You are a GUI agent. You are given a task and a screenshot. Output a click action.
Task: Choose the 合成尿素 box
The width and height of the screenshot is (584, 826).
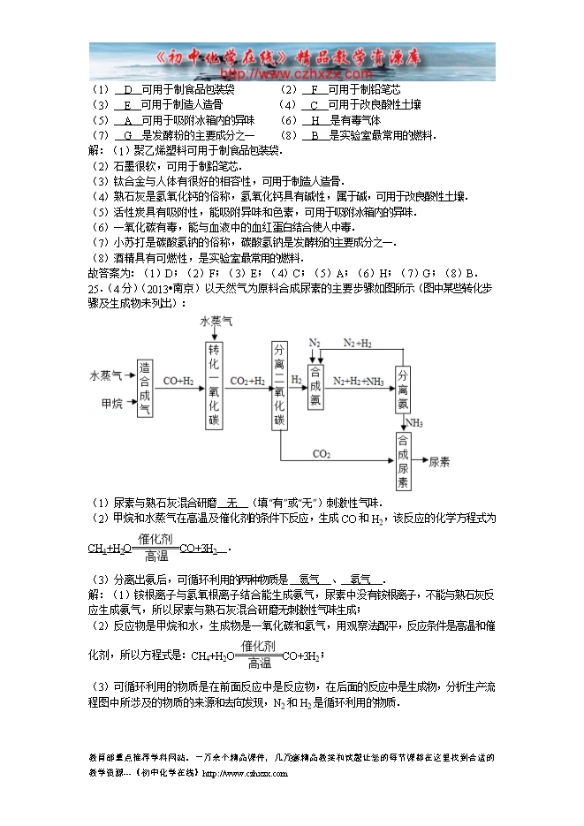click(403, 461)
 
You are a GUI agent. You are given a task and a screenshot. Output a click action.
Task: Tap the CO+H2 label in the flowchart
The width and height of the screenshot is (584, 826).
click(178, 381)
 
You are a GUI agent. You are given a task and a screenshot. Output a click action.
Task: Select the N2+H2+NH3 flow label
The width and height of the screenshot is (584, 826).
click(358, 381)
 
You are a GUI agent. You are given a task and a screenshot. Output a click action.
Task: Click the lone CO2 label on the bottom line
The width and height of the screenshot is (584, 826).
click(322, 454)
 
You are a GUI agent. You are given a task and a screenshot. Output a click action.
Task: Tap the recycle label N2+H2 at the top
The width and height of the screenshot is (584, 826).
click(357, 342)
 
